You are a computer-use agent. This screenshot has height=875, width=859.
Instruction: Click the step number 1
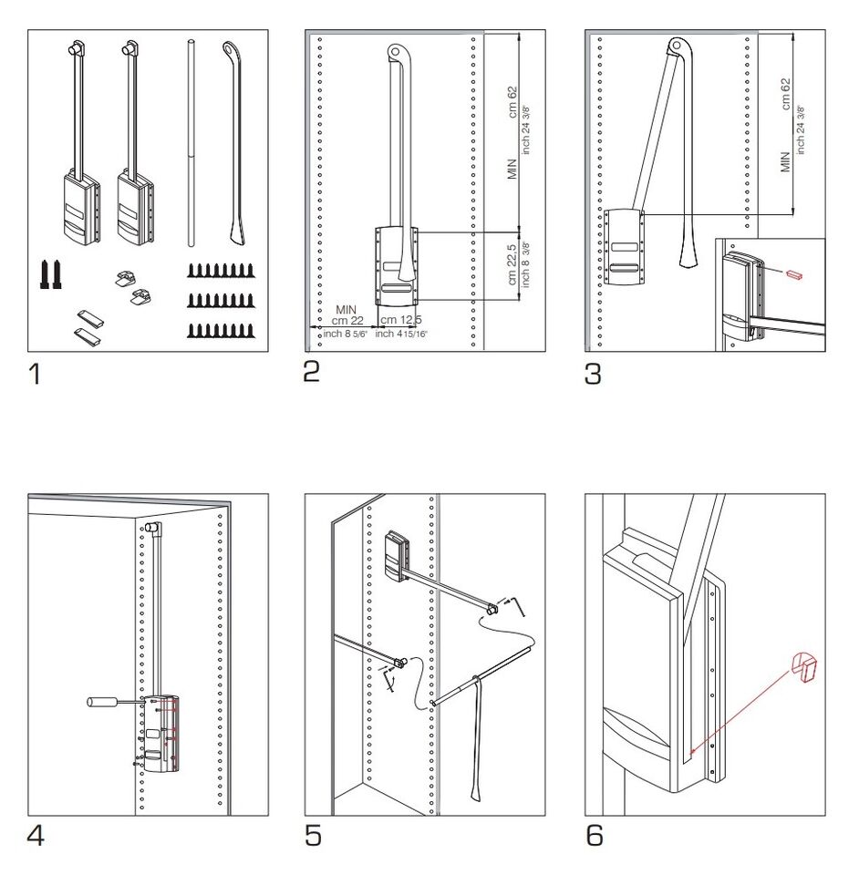coord(36,373)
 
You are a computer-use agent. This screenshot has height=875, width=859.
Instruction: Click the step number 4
coord(36,836)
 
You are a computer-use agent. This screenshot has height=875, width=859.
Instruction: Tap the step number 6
coord(594,835)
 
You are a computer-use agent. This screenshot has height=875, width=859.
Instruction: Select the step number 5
coord(313,836)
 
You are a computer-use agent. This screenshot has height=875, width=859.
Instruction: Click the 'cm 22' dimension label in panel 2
coord(345,321)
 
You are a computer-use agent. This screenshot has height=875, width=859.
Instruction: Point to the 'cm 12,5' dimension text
coord(401,321)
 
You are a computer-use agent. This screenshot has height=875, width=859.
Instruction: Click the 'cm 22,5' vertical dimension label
coord(512,264)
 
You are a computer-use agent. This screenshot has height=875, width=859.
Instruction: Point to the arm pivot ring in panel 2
coord(396,52)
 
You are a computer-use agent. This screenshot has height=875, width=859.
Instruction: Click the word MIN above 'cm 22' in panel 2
coord(345,310)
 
